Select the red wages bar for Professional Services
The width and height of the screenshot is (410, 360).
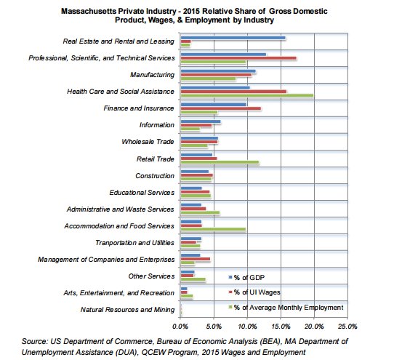pyautogui.click(x=238, y=57)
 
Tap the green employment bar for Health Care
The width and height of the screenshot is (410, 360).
pyautogui.click(x=246, y=95)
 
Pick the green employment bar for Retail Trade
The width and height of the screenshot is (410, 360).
pyautogui.click(x=219, y=162)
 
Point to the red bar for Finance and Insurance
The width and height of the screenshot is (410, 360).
pyautogui.click(x=220, y=108)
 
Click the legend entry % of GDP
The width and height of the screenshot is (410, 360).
pyautogui.click(x=252, y=278)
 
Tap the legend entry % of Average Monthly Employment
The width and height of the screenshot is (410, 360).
pyautogui.click(x=288, y=308)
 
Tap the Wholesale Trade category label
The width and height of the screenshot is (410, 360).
pyautogui.click(x=148, y=142)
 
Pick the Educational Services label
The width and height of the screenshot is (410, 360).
pyautogui.click(x=142, y=192)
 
